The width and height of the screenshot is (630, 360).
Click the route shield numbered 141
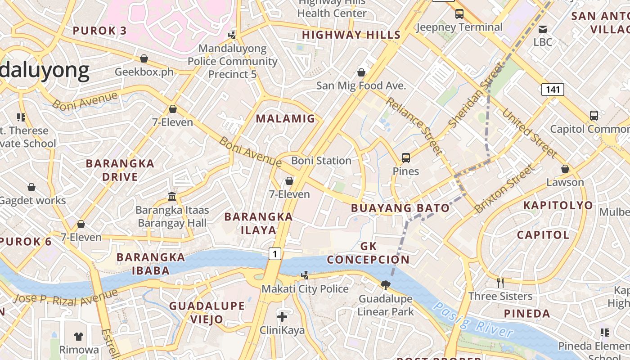(x=552, y=90)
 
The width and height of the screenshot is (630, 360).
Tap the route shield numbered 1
(x=274, y=254)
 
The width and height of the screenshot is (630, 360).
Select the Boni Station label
(x=321, y=161)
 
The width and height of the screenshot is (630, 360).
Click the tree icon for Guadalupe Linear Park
(x=385, y=285)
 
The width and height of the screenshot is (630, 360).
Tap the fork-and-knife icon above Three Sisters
(x=500, y=283)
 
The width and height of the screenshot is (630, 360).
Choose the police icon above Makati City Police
(x=305, y=275)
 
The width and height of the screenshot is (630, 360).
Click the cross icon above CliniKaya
(x=282, y=317)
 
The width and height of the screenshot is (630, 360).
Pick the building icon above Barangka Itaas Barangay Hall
(x=172, y=196)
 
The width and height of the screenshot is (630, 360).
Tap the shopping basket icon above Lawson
(x=565, y=169)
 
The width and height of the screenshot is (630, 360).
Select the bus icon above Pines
(x=406, y=158)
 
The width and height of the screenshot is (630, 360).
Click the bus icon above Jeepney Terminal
(x=459, y=14)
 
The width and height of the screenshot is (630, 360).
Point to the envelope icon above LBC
(x=543, y=29)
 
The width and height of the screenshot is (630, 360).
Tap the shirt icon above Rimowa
(x=79, y=336)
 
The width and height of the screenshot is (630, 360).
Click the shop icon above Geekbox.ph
(x=144, y=58)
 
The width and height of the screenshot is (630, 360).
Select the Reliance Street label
(x=414, y=126)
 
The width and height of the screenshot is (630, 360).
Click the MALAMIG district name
(x=286, y=119)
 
